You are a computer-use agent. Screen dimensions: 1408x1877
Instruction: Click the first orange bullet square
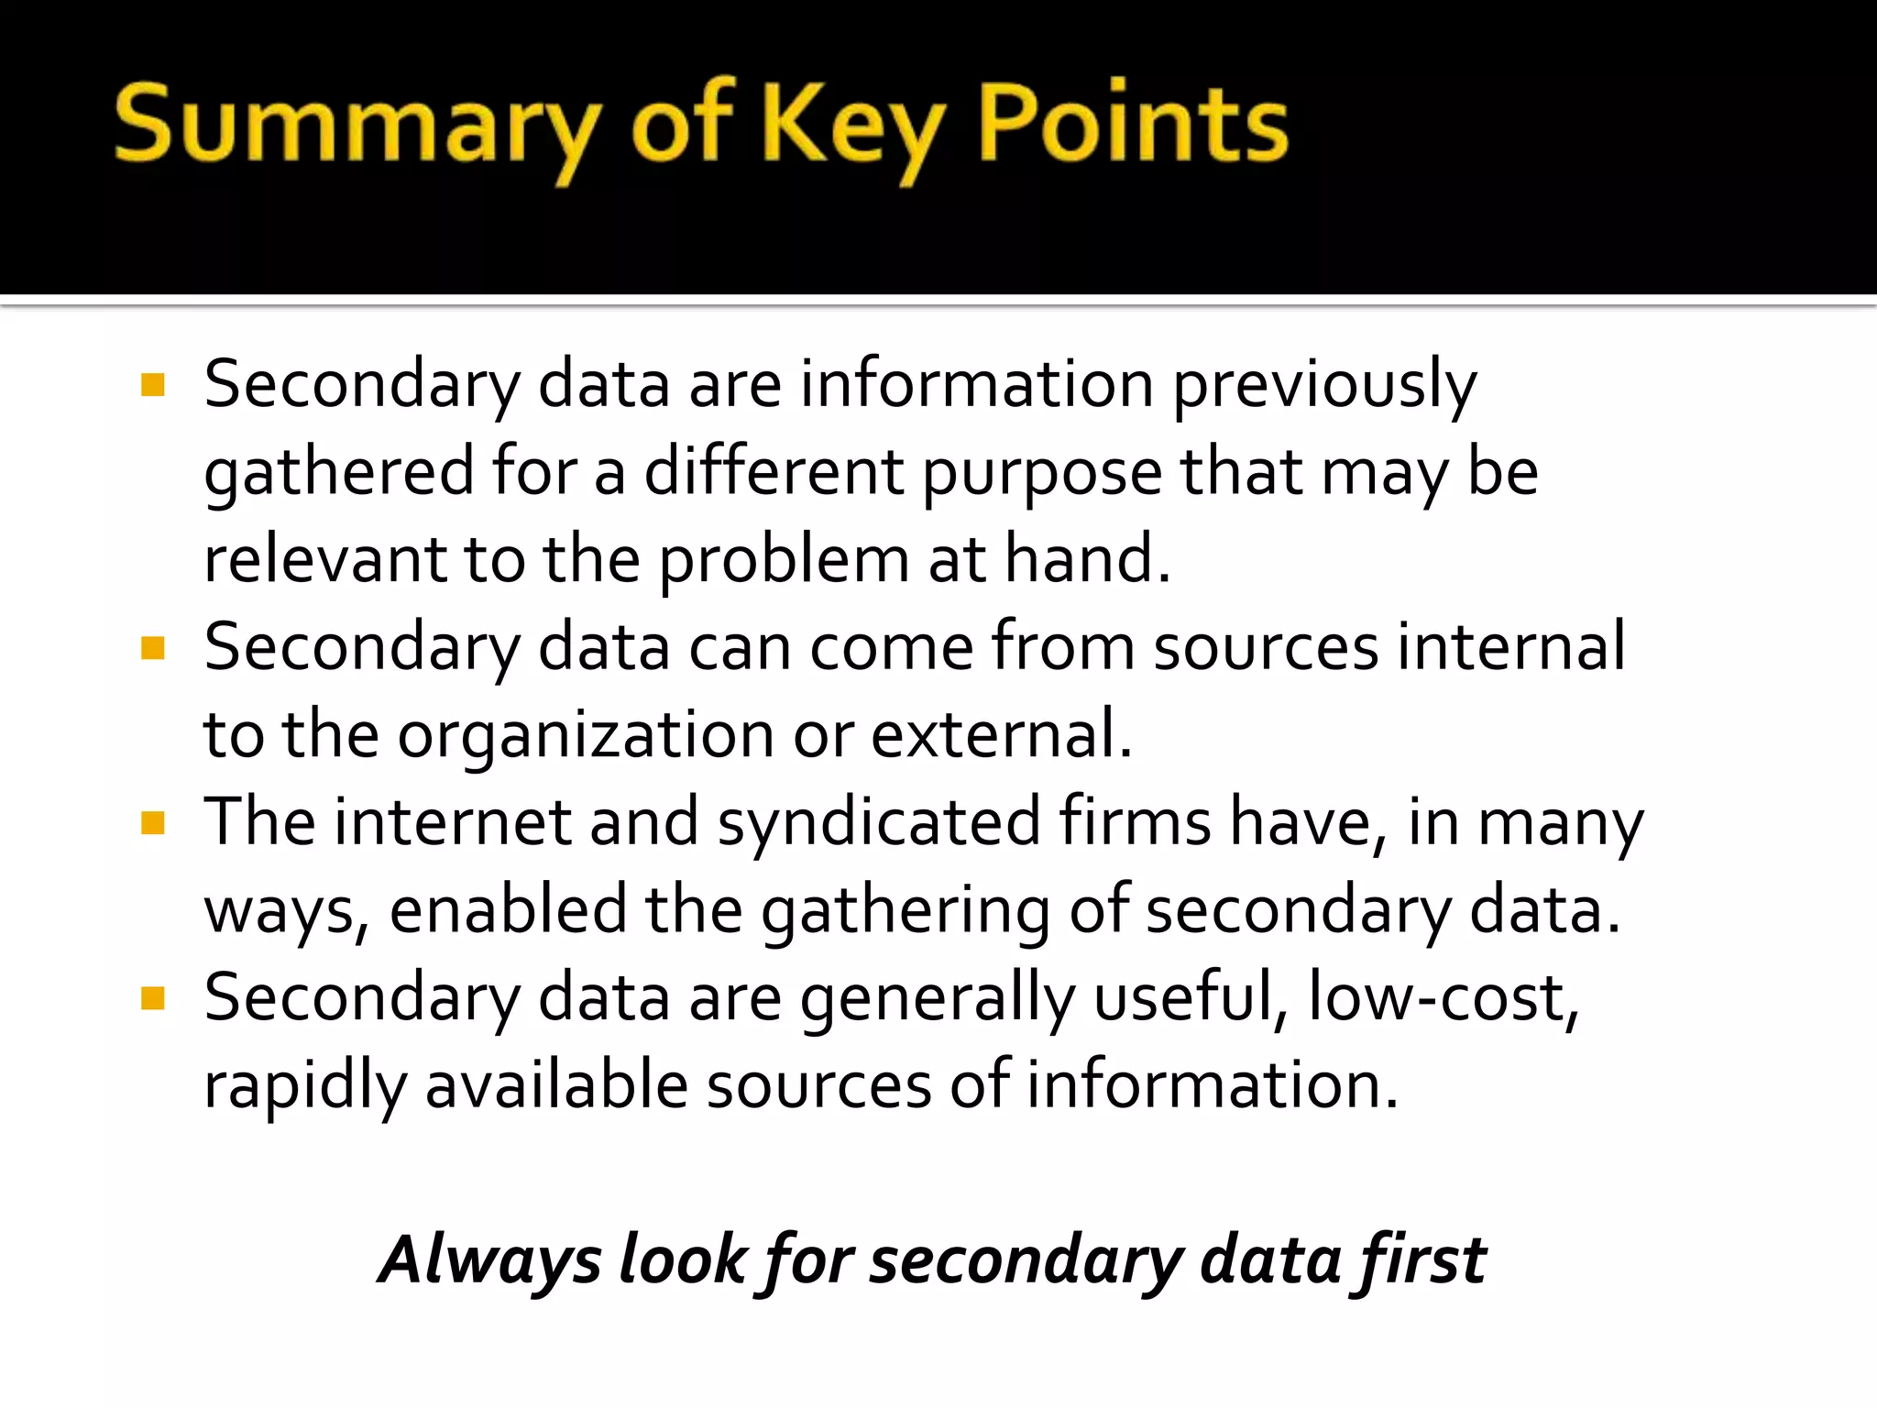pos(153,384)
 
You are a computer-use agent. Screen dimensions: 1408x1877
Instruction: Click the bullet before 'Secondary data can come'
pos(153,648)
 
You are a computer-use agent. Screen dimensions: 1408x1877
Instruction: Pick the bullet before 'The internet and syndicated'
pos(153,823)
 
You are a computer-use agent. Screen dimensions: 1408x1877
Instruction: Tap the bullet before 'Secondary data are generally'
pos(153,997)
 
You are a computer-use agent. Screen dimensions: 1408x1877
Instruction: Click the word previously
pos(1324,385)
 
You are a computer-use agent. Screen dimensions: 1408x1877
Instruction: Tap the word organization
pos(587,735)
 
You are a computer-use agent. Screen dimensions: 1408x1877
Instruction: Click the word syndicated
pos(879,823)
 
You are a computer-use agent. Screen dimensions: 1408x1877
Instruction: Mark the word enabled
pos(508,910)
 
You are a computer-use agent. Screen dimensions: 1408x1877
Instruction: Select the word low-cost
pos(1443,997)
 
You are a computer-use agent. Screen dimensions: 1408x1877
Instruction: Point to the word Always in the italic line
pos(490,1260)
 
